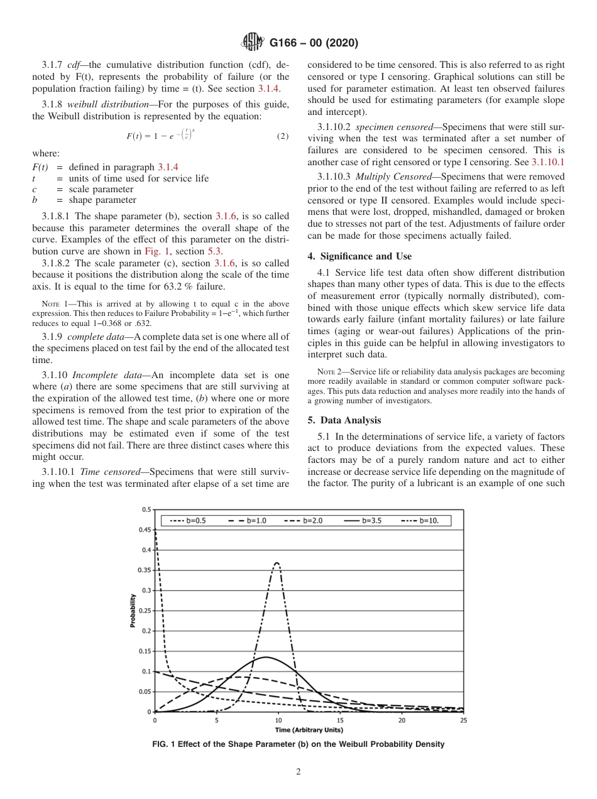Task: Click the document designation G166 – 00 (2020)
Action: (x=314, y=43)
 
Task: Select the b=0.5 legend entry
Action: (x=189, y=521)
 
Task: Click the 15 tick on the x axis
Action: (x=340, y=720)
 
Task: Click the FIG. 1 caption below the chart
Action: (x=298, y=744)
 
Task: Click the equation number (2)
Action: (x=283, y=136)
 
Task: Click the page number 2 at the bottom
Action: (x=298, y=772)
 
